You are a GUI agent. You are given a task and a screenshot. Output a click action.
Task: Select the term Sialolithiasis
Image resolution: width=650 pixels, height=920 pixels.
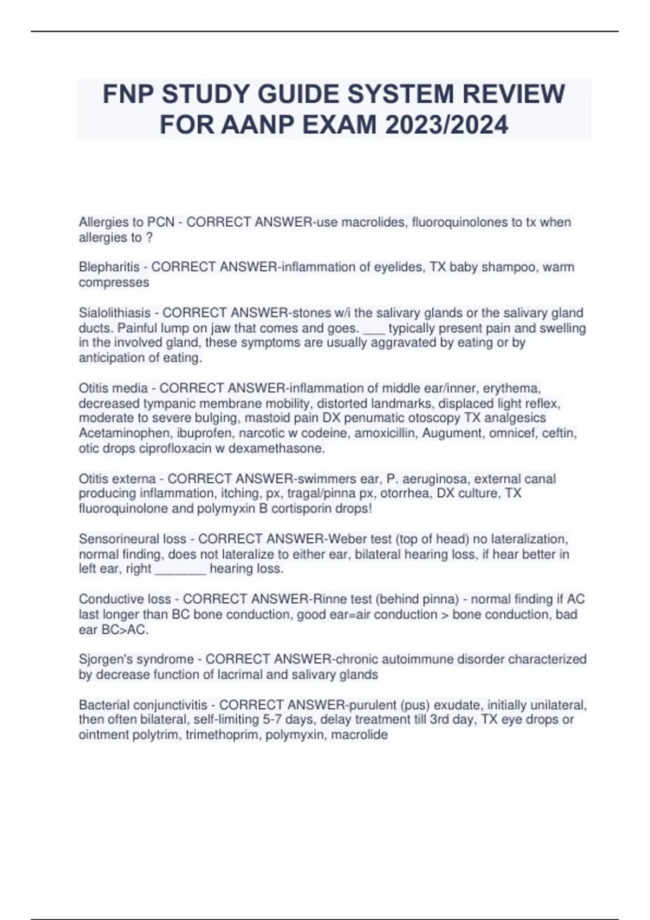point(114,313)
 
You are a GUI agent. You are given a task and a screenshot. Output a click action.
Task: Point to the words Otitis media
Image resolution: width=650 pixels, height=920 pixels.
point(113,388)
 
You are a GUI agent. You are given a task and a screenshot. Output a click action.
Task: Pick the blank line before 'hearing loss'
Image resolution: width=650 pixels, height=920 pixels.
point(180,569)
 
